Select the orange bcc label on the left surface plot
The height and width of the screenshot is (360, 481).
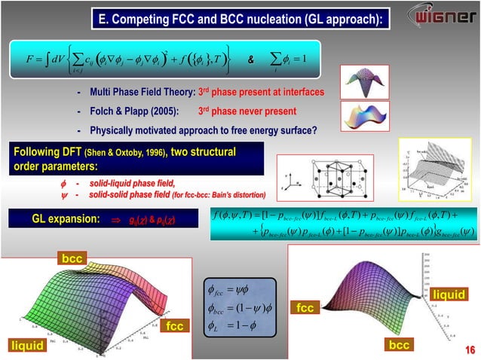click(72, 258)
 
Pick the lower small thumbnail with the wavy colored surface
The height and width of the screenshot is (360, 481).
click(362, 117)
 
